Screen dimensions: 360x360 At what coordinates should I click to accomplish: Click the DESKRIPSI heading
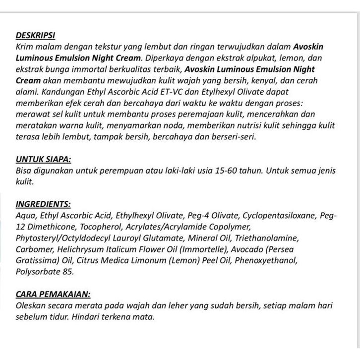coord(36,36)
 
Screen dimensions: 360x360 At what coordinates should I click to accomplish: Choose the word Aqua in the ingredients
coord(26,216)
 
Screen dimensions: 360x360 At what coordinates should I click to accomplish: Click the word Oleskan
coord(31,305)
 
